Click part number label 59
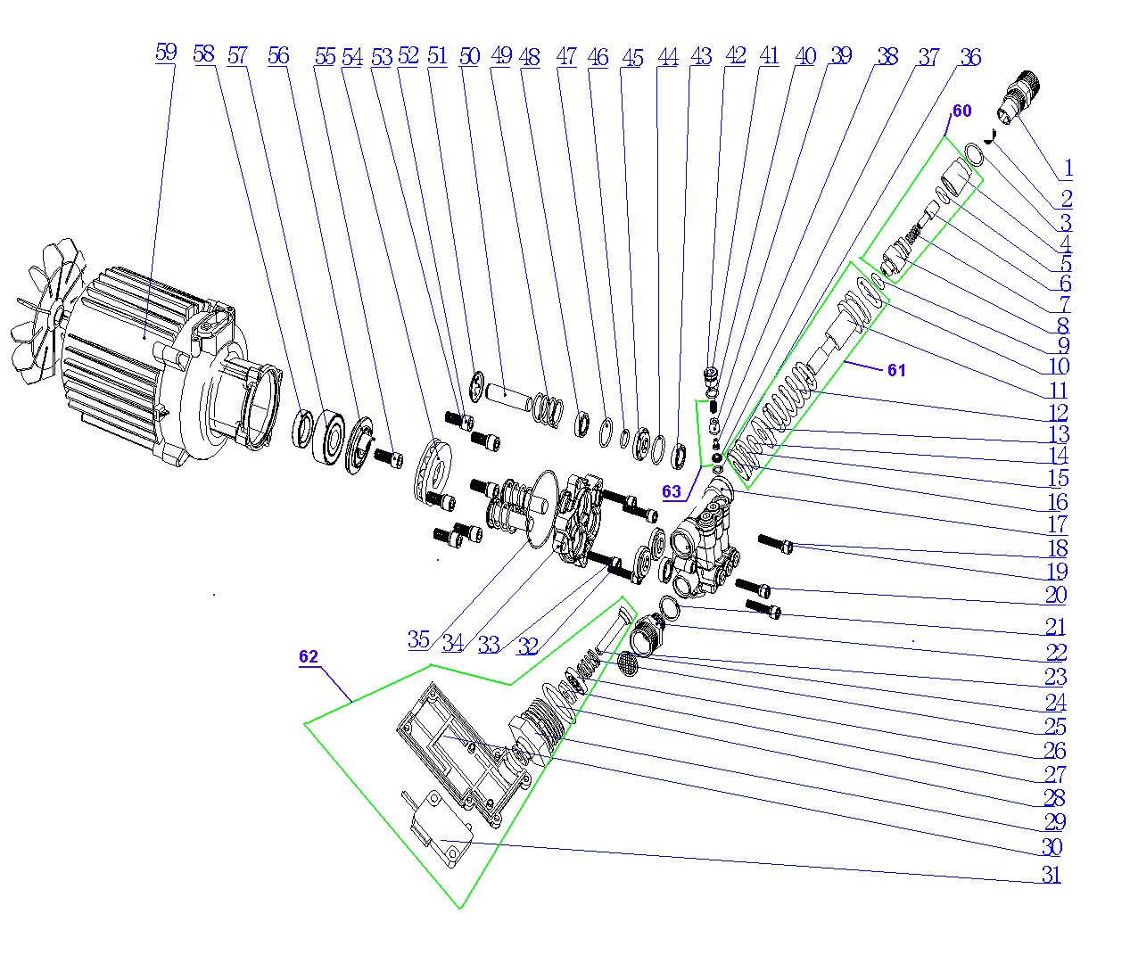point(166,52)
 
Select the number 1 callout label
point(1068,168)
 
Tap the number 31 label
point(1052,875)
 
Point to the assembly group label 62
point(309,657)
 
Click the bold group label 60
point(962,111)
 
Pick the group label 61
point(896,370)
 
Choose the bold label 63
point(672,491)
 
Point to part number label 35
point(419,639)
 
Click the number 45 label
point(632,58)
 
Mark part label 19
point(1058,572)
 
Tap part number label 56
point(278,55)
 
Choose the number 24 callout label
point(1056,702)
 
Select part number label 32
point(528,646)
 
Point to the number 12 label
point(1059,412)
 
